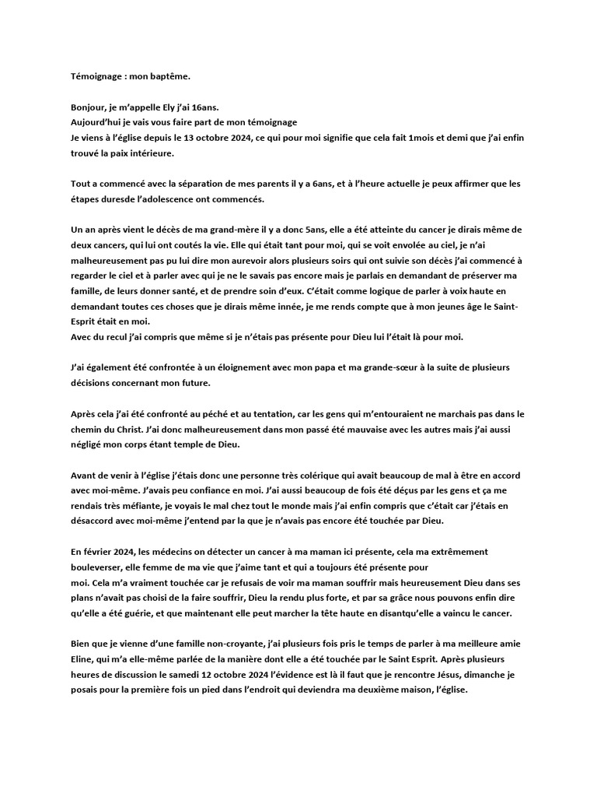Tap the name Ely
coord(187,108)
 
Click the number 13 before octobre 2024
coord(192,139)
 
